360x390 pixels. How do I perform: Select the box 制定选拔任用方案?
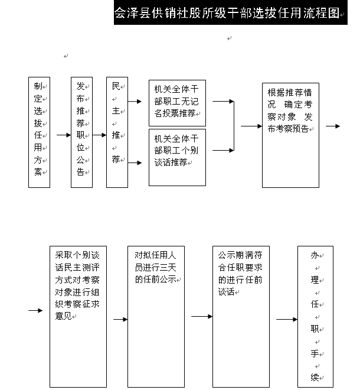(x=39, y=132)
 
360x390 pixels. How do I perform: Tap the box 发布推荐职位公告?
(x=81, y=132)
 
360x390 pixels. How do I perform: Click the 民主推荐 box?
(x=117, y=132)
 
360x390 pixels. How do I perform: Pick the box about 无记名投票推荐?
(x=177, y=102)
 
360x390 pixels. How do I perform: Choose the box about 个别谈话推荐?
(x=177, y=157)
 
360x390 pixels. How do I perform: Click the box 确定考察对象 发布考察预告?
(x=290, y=135)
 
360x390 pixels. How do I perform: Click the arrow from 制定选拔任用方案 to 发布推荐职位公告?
(x=63, y=135)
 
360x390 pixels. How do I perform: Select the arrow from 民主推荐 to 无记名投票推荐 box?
(x=135, y=102)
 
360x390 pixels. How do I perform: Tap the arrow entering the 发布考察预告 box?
(x=251, y=126)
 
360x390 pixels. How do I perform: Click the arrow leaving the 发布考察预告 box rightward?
(x=332, y=126)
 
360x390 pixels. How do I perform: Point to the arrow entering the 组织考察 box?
(x=37, y=310)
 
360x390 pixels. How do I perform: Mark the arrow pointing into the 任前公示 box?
(x=120, y=320)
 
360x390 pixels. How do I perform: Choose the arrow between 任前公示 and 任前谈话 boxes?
(x=201, y=316)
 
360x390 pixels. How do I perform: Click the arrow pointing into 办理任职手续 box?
(x=287, y=320)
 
